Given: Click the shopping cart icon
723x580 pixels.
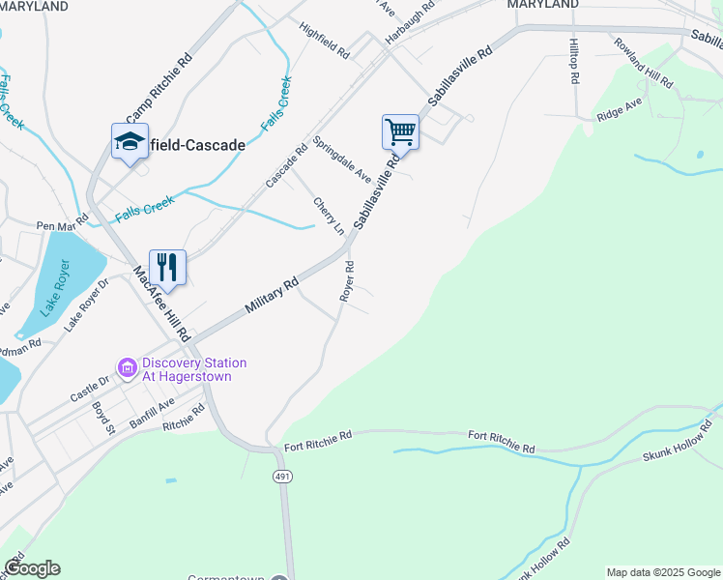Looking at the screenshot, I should tap(400, 130).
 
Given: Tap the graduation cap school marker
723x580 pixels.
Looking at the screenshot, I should tap(130, 142).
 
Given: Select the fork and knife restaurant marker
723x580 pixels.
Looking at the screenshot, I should tap(167, 267).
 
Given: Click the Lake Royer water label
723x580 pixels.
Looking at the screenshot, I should tap(55, 288).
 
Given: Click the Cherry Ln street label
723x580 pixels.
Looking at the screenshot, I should tap(328, 216).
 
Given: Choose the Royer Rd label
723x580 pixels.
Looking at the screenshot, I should tap(348, 281).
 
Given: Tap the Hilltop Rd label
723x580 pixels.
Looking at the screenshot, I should tap(573, 61).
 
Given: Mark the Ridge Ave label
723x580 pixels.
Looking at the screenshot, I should tap(620, 108).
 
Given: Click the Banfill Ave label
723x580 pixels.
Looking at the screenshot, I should tap(152, 410).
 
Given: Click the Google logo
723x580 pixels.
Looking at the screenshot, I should tap(32, 568).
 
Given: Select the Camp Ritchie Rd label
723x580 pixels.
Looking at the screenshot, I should tap(159, 100).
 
